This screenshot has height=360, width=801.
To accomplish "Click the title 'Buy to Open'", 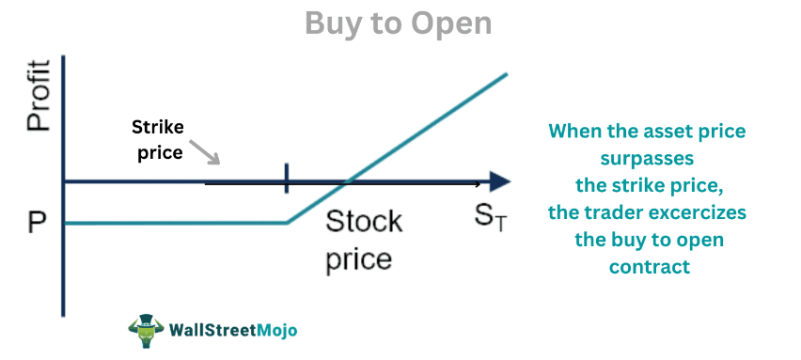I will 399,23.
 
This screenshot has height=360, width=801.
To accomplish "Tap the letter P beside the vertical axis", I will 37,224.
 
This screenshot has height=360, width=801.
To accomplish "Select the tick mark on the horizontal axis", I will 286,179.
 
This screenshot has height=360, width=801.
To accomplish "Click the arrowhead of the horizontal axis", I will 500,180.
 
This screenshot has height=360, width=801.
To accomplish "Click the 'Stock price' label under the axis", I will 364,240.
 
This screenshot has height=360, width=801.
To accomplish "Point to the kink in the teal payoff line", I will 287,223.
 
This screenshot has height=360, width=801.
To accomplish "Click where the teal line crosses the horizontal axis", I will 349,180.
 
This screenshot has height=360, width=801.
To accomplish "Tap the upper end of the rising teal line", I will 506,74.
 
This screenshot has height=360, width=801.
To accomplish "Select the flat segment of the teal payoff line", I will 179,223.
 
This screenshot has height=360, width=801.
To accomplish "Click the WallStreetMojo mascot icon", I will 146,331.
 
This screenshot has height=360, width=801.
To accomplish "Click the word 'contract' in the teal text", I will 649,267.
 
